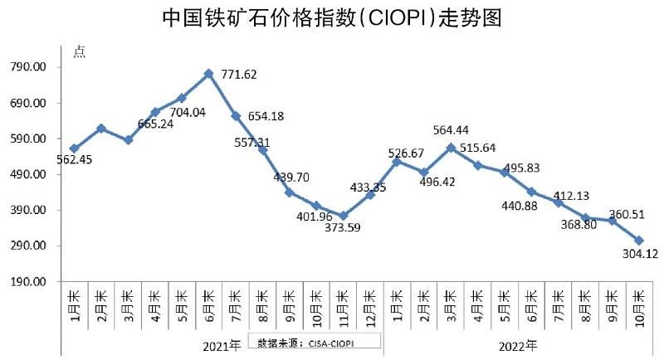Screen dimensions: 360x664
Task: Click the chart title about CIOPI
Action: [x=332, y=18]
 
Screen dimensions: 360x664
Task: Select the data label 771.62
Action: [x=239, y=75]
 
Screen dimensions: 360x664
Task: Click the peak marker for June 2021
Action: [x=208, y=74]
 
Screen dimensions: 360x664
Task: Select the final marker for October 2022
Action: [x=639, y=240]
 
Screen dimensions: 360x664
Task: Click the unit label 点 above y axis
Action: [x=79, y=51]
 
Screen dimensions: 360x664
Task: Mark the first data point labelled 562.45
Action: [x=74, y=148]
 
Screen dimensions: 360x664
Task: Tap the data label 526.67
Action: [x=407, y=153]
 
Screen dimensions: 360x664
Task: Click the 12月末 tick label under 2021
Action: [x=369, y=305]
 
